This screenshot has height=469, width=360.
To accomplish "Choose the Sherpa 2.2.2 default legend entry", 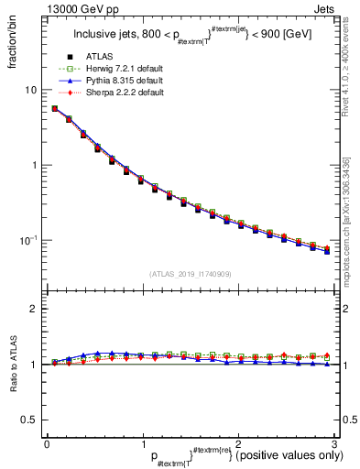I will click(x=125, y=93).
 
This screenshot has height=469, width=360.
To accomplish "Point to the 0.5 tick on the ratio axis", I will click(x=29, y=420).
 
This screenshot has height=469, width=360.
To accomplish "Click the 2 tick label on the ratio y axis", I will click(x=34, y=309).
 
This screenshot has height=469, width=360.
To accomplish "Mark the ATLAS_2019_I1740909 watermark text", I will click(x=189, y=274).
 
